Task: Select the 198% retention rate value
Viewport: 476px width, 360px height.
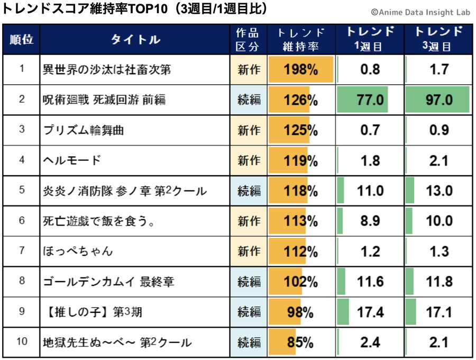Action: tap(300, 69)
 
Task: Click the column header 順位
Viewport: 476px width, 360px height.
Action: tap(21, 40)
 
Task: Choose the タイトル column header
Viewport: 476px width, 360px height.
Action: tap(135, 40)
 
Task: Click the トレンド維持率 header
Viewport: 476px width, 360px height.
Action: tap(300, 40)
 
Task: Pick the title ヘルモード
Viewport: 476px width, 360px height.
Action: tap(71, 160)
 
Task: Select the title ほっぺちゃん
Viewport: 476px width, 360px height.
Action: tap(78, 251)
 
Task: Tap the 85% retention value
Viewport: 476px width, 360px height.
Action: tap(300, 343)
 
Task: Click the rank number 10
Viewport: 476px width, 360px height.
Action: tap(21, 341)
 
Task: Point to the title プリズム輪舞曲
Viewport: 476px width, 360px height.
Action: tap(84, 130)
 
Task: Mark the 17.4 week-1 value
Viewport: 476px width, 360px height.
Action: tap(370, 312)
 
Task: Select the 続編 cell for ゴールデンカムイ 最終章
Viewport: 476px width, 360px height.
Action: tap(249, 282)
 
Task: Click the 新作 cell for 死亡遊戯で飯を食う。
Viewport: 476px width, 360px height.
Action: tap(249, 221)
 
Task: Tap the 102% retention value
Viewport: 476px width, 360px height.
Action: tap(300, 282)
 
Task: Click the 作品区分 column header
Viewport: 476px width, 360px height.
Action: tap(248, 40)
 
